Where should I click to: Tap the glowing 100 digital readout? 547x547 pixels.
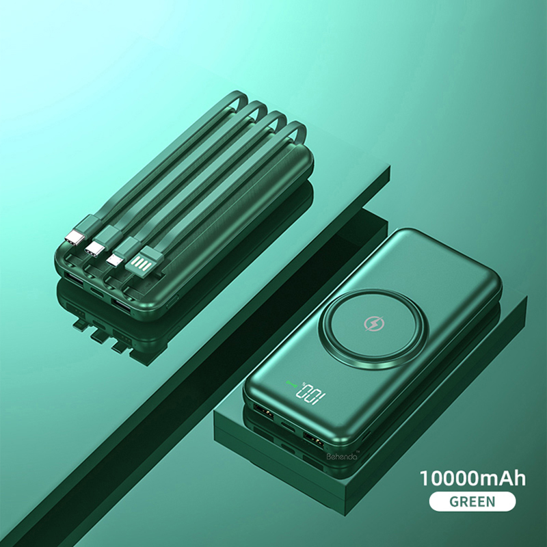[x=310, y=395]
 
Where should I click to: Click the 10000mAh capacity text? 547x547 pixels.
[x=472, y=477]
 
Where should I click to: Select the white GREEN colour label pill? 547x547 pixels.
[x=472, y=501]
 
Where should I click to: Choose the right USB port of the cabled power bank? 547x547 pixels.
[x=122, y=303]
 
